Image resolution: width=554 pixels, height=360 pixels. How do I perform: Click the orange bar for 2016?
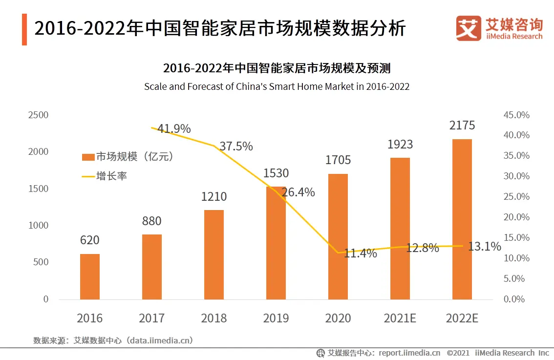point(90,276)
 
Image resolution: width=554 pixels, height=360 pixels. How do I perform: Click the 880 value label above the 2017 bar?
point(151,221)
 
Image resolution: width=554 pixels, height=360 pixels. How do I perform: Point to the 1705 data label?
point(338,160)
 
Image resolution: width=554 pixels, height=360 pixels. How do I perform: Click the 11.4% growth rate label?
point(361,254)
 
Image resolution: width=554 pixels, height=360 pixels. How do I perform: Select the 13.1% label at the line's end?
point(485,247)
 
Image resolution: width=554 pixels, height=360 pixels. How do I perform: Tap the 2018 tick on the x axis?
point(214,318)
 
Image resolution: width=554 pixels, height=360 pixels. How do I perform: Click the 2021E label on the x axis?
point(400,318)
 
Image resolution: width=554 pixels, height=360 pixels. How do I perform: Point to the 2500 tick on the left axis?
point(38,115)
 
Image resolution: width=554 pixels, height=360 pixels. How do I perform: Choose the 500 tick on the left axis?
point(41,262)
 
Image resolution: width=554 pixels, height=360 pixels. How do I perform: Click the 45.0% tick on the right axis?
point(516,115)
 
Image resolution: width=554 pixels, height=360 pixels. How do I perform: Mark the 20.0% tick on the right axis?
point(516,217)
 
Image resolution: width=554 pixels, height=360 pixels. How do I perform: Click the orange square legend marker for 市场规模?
point(88,157)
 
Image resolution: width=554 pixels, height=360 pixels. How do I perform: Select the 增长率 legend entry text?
point(112,176)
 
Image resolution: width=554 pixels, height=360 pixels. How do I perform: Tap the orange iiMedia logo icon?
point(469,28)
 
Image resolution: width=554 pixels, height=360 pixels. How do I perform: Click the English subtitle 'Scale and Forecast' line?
point(277,87)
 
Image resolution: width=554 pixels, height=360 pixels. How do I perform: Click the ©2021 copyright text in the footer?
point(458,353)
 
